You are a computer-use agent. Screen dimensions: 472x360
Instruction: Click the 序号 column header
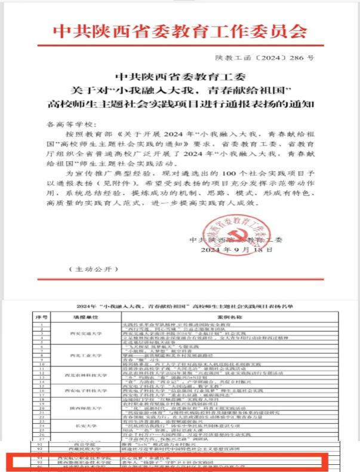[x=41, y=317]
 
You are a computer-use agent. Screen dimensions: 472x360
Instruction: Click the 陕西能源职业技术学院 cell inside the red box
[x=78, y=462]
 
